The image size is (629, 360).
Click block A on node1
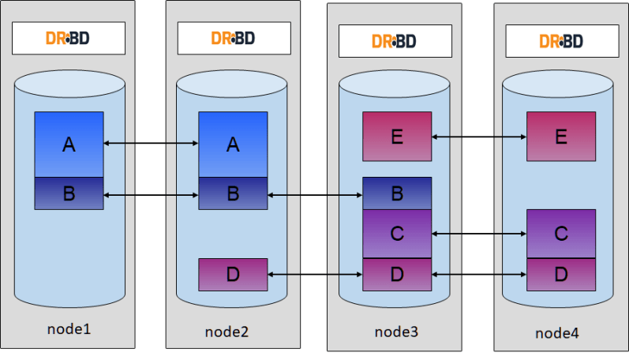[69, 144]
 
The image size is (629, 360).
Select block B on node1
[69, 193]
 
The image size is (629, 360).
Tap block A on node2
[233, 144]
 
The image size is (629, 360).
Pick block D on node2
[233, 274]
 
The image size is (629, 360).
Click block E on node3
[397, 136]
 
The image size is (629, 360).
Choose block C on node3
[397, 234]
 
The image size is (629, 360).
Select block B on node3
[397, 193]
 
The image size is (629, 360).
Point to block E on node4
[561, 136]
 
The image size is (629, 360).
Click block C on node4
[561, 234]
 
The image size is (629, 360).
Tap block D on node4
[561, 274]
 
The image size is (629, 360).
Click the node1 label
[69, 327]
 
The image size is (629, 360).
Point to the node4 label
[557, 333]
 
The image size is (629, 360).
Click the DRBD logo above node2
[233, 37]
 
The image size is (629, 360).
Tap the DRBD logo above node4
[561, 41]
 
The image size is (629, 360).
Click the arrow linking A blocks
[151, 143]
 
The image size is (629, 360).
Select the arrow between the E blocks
[479, 137]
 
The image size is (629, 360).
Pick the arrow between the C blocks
[479, 234]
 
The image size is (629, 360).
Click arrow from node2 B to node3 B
[315, 193]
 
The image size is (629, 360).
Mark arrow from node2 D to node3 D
[315, 274]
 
